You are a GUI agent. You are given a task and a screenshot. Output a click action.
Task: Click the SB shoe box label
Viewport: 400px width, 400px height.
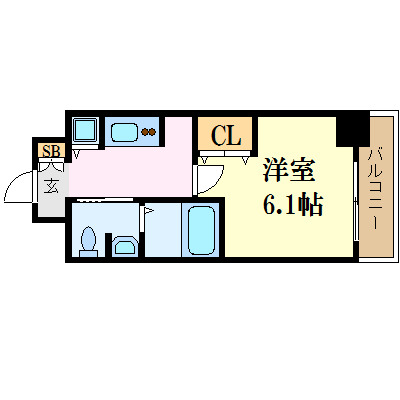coord(49,150)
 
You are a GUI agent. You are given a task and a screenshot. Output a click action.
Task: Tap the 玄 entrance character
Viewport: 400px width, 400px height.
coord(50,185)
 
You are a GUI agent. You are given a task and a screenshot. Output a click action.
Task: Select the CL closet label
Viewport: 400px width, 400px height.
coord(226,135)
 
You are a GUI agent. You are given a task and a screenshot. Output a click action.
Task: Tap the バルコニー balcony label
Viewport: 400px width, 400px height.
coord(376,188)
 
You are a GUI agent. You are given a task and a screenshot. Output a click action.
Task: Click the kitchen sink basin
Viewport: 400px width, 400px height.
coord(124,130)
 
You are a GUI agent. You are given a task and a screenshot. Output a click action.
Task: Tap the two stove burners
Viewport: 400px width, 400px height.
coord(150,131)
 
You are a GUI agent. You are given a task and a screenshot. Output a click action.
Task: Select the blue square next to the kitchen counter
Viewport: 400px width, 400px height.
coord(85,130)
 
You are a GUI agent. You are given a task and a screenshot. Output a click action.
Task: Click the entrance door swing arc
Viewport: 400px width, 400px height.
coord(22,187)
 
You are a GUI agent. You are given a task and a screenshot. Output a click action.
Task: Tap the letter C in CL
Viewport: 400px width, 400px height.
coord(217,135)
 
